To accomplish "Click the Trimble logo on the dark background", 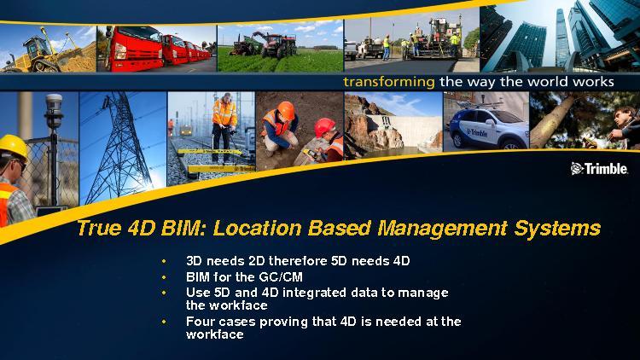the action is coord(599,168).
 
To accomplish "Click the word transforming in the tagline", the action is coord(388,82).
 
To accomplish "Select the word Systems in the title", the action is coord(556,228).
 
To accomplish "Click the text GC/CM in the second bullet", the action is coord(281,277).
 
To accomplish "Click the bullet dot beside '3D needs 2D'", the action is coord(164,261).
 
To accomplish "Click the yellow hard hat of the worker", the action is coord(14,146).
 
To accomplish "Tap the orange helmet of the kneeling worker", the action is coord(286,110).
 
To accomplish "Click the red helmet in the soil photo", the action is coord(324,127).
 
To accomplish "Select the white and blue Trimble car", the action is coord(489,127).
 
